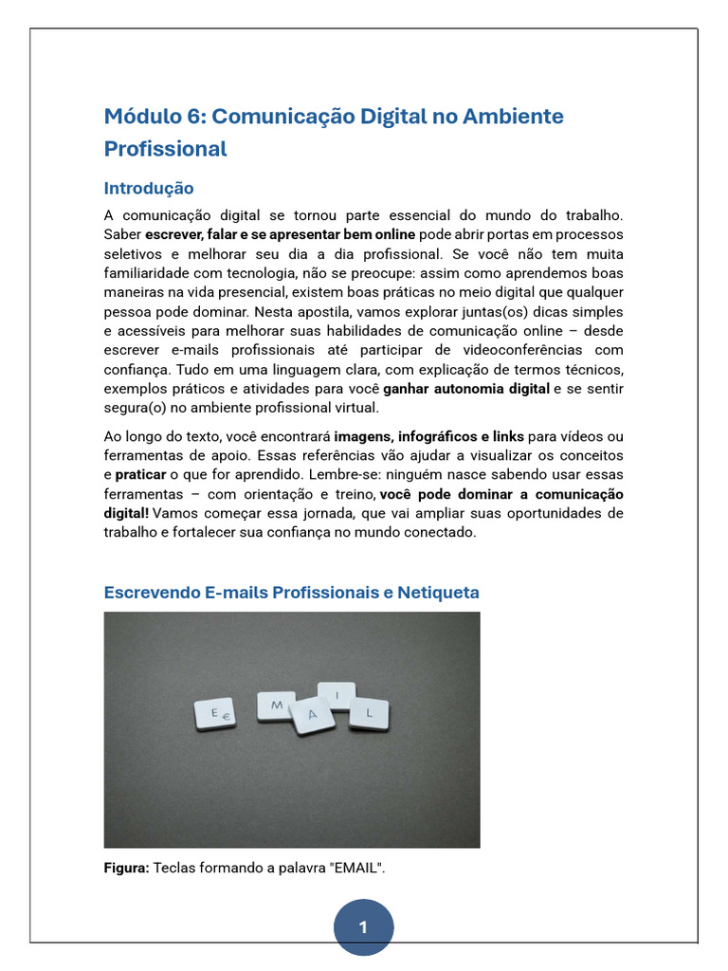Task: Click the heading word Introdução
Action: pyautogui.click(x=149, y=188)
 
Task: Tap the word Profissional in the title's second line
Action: pyautogui.click(x=165, y=149)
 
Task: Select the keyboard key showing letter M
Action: pyautogui.click(x=276, y=705)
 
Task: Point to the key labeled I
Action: pyautogui.click(x=337, y=696)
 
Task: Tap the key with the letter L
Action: pyautogui.click(x=369, y=712)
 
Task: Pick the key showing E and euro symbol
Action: pyautogui.click(x=215, y=715)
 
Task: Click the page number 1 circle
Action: pyautogui.click(x=363, y=927)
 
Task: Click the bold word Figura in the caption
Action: pyautogui.click(x=126, y=867)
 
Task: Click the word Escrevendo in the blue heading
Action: pyautogui.click(x=151, y=593)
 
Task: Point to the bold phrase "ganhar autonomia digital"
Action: pyautogui.click(x=466, y=389)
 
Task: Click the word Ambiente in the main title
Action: pyautogui.click(x=517, y=117)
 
